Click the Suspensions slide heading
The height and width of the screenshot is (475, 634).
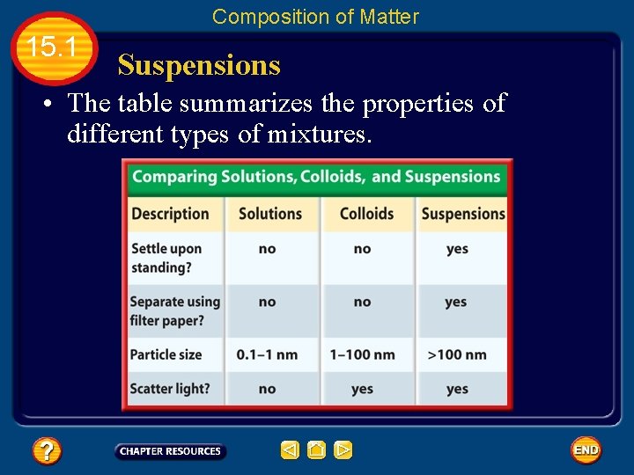(199, 65)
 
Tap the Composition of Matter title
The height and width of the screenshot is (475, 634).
(315, 17)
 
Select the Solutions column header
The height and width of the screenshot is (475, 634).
(270, 213)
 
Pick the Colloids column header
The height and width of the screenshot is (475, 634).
(366, 213)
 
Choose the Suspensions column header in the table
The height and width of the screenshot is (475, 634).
(463, 213)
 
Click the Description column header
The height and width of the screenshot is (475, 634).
(170, 213)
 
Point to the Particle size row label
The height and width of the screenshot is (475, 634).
(166, 354)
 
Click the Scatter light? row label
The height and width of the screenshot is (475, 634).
(170, 389)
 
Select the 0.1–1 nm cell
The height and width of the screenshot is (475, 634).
(267, 354)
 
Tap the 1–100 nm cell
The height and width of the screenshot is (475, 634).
(362, 354)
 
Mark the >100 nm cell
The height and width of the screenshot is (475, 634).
(457, 354)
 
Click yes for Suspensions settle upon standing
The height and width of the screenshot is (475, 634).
(457, 249)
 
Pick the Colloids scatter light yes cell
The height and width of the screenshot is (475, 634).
(362, 389)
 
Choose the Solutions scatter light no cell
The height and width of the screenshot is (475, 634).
(267, 389)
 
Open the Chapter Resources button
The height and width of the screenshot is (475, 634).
(170, 451)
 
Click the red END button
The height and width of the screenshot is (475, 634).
(586, 450)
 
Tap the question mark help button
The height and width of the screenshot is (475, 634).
(46, 451)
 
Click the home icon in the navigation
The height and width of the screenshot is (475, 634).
(317, 450)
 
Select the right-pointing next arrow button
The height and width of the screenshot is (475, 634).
(343, 450)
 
